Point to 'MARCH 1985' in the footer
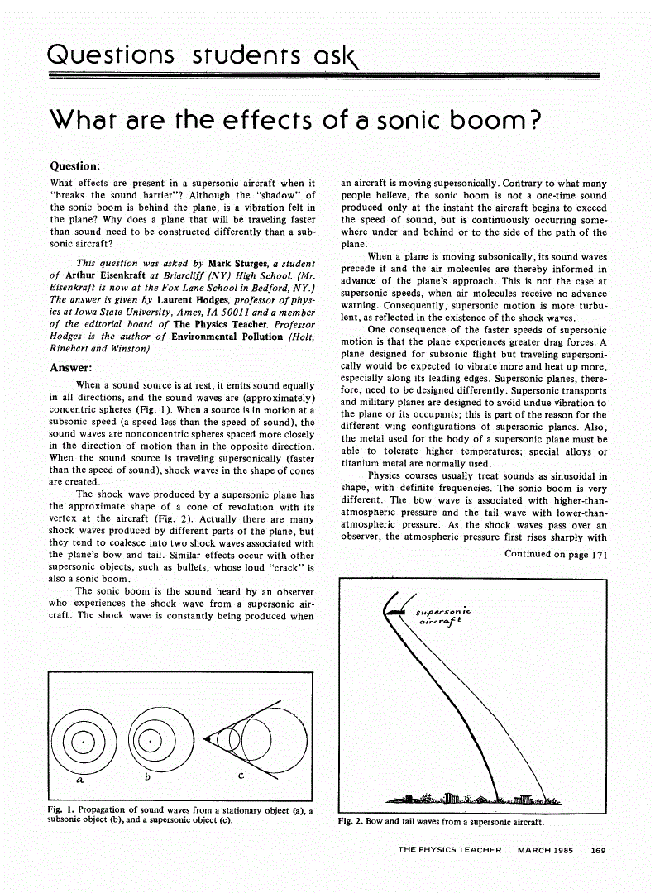(x=548, y=849)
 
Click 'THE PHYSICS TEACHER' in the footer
(x=449, y=849)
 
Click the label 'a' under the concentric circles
(x=79, y=779)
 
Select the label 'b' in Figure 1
(x=147, y=776)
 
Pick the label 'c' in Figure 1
(x=241, y=776)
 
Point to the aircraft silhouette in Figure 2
(x=396, y=611)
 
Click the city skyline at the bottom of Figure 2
(x=476, y=798)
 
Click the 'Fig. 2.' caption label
(x=351, y=822)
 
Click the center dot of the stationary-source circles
(x=83, y=742)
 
